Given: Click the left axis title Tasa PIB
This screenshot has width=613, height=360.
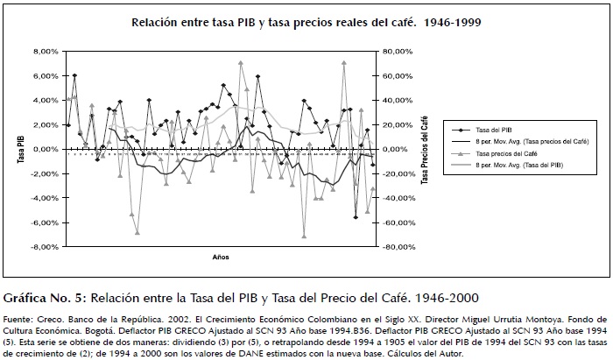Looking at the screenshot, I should tap(18, 150).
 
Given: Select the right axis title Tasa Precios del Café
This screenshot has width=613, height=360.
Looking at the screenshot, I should tap(424, 150).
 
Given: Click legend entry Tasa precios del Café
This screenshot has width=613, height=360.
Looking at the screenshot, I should tap(509, 153).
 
